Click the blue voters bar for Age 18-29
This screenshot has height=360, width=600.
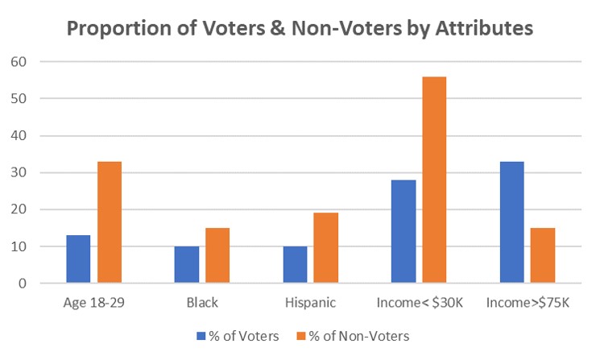point(78,259)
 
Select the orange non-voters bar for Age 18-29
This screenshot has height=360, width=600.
point(109,222)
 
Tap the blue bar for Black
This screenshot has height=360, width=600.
point(187,265)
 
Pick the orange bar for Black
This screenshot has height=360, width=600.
point(217,255)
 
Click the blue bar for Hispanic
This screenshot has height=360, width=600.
point(296,265)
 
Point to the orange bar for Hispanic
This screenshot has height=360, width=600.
point(326,248)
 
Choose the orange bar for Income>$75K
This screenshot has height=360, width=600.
point(543,255)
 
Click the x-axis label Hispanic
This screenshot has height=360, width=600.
point(311,304)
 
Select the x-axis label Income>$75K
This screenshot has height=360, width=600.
point(528,304)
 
